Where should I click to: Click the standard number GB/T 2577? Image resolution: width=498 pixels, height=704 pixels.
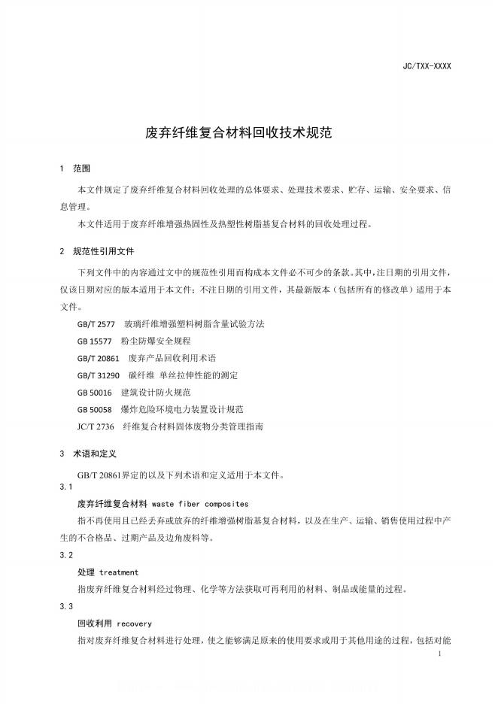pos(96,323)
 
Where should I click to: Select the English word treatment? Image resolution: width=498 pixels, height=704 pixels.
pos(119,572)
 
